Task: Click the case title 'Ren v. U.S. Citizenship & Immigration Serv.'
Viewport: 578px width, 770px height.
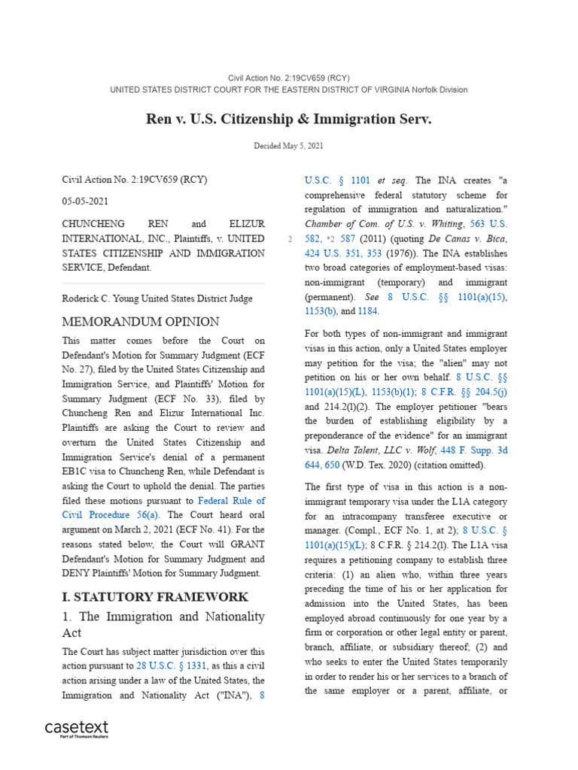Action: pos(288,120)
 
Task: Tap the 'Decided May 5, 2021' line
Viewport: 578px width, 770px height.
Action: pos(288,145)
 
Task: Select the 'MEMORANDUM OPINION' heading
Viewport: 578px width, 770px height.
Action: pos(140,322)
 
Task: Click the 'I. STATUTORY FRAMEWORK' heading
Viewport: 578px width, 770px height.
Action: pos(154,596)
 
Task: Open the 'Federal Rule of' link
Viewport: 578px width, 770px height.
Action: pos(231,501)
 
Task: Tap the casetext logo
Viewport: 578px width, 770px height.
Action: pos(77,729)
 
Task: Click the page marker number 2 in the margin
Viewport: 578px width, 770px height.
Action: pos(290,239)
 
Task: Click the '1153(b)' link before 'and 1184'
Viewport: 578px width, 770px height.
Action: pos(323,311)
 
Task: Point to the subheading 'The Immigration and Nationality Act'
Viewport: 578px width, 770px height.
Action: pos(163,625)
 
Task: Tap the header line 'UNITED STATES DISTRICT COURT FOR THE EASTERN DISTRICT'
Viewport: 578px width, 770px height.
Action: pos(288,89)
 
